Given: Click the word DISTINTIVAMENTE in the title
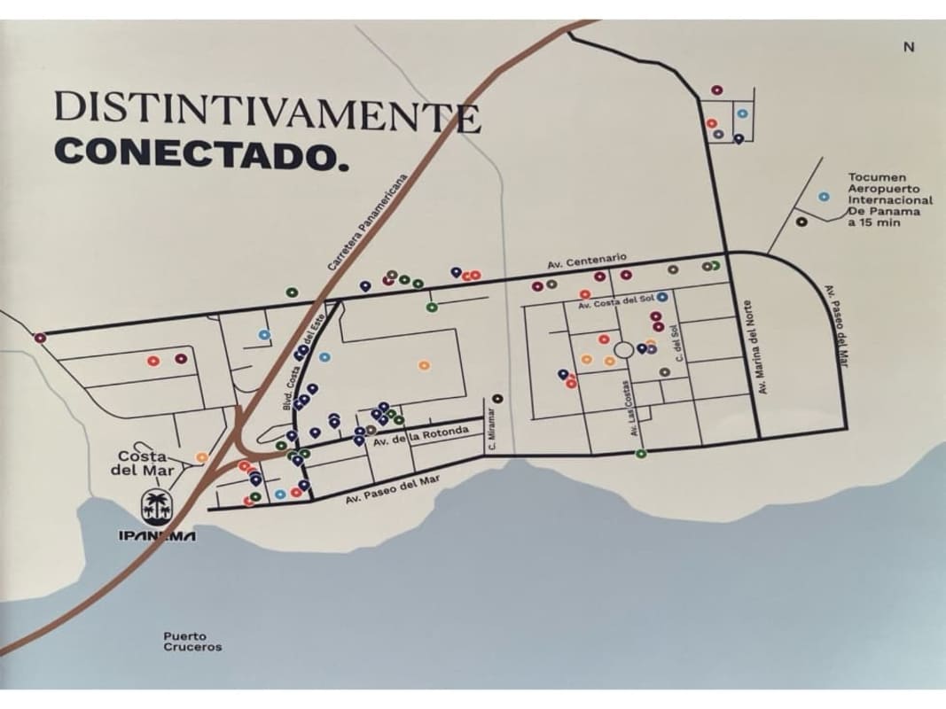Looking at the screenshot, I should click(266, 110).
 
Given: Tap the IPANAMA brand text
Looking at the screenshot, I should click(157, 536).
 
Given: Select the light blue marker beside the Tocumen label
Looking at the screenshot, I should click(824, 197).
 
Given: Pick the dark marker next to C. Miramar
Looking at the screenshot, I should click(497, 399).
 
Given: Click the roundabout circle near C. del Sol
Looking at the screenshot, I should click(623, 350).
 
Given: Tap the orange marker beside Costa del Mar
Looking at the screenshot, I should click(201, 457).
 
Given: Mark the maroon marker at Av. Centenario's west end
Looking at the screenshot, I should click(39, 338).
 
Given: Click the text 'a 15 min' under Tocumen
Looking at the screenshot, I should click(873, 223).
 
